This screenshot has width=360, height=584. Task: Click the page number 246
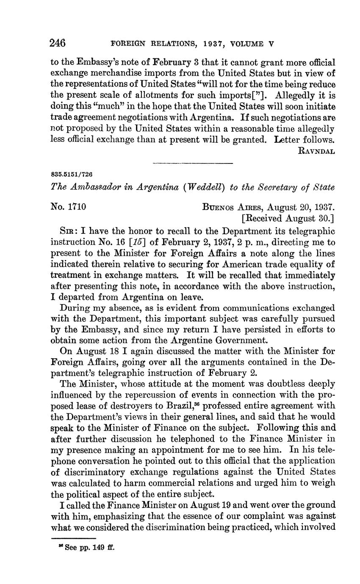click(x=58, y=43)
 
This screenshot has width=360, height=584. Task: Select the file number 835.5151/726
click(x=72, y=174)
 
